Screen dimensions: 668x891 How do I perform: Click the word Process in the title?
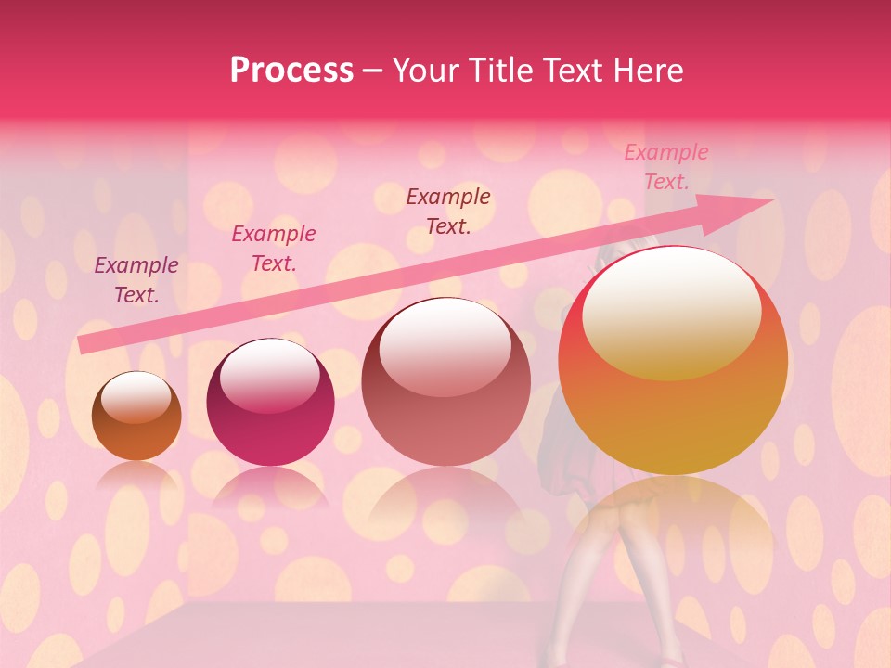point(291,71)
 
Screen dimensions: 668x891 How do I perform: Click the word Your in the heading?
point(427,71)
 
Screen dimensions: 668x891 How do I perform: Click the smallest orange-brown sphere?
point(136,417)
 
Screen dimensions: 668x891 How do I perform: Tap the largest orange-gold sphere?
point(673,362)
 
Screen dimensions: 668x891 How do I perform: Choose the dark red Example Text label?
point(448,211)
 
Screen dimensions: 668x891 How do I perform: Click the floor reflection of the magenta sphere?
point(270,486)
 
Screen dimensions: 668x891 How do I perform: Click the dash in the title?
point(373,71)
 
